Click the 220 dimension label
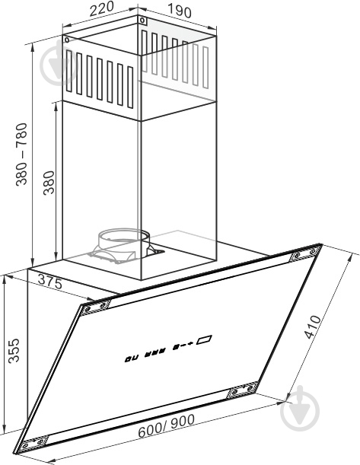coord(102,9)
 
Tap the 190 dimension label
coord(180,11)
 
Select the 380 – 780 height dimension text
coord(21,154)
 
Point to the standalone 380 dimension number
coord(49,183)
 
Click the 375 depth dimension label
coord(50,282)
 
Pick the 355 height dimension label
coord(14,351)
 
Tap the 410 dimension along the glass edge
coord(313,327)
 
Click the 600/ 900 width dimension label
coord(167,425)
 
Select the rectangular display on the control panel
coord(204,339)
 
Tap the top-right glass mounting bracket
coord(304,253)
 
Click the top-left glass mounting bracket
coord(96,307)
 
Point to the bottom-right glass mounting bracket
coord(242,390)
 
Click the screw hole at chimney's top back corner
coord(142,21)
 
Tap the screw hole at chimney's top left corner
coord(66,40)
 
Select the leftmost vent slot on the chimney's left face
coord(69,71)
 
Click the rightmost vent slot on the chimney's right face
coord(205,67)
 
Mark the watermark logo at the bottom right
coord(300,409)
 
